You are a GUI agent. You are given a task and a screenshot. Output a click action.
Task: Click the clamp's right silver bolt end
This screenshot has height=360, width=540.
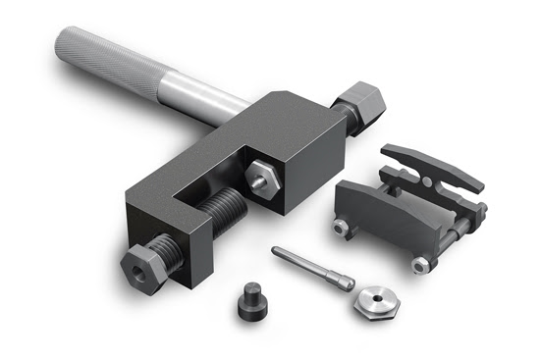(x=420, y=263)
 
